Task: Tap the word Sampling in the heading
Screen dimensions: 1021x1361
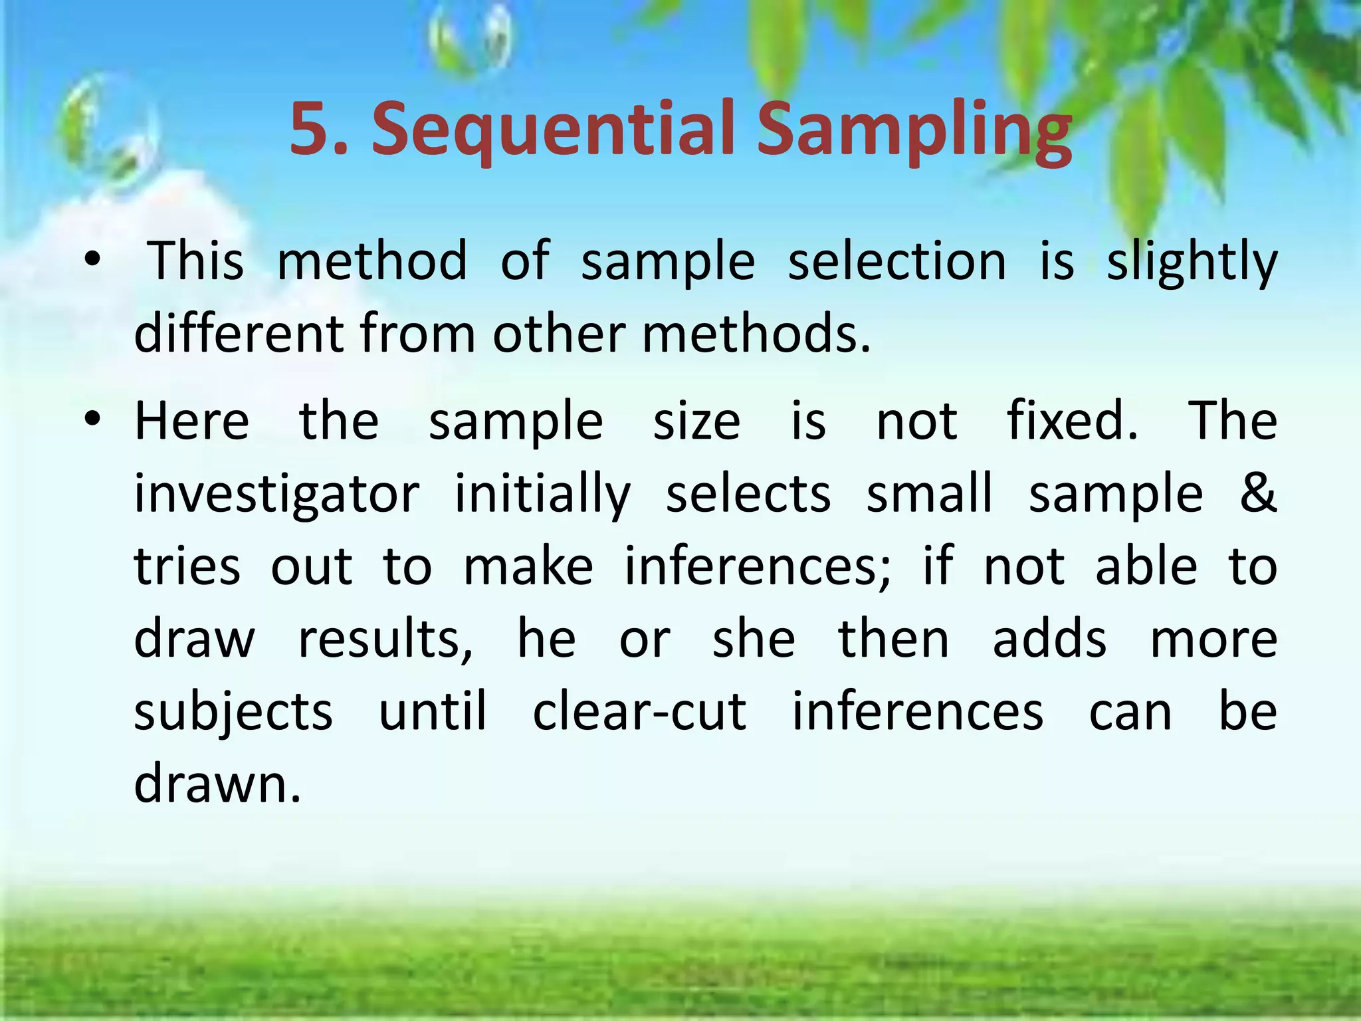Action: (914, 130)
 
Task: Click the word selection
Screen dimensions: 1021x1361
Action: (897, 261)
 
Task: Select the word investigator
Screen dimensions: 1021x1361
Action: (276, 495)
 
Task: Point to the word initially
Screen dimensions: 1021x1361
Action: (542, 495)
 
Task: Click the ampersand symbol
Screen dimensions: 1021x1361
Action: (1258, 493)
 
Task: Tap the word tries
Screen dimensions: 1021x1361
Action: (187, 566)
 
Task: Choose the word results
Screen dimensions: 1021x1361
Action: (385, 639)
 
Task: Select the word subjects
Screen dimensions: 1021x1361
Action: (233, 713)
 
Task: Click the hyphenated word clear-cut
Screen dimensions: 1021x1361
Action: (640, 711)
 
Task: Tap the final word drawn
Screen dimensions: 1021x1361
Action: (217, 783)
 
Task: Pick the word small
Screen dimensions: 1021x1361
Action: (930, 493)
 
